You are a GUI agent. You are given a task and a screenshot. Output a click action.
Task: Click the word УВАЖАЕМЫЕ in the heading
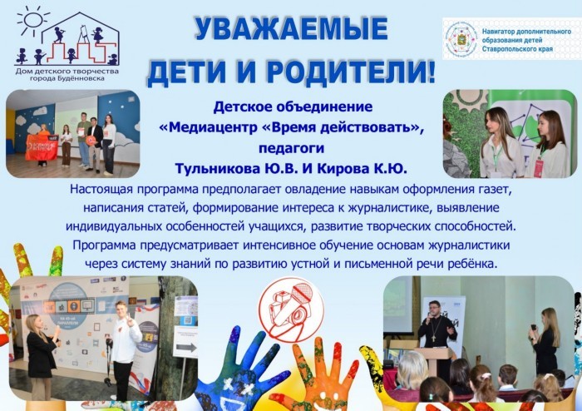tap(291, 29)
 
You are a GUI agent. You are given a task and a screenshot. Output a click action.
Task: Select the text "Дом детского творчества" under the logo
tap(67, 71)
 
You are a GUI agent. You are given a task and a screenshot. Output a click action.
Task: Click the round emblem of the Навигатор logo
tap(461, 38)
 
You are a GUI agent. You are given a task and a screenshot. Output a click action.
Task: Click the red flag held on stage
tap(42, 147)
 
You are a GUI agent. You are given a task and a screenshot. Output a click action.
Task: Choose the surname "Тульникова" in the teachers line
tap(213, 169)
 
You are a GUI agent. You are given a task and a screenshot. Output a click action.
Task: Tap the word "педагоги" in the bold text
tap(291, 149)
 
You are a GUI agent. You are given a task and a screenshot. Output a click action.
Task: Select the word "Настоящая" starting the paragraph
tap(101, 190)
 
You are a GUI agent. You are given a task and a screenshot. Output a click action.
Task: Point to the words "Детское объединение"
tap(293, 107)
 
